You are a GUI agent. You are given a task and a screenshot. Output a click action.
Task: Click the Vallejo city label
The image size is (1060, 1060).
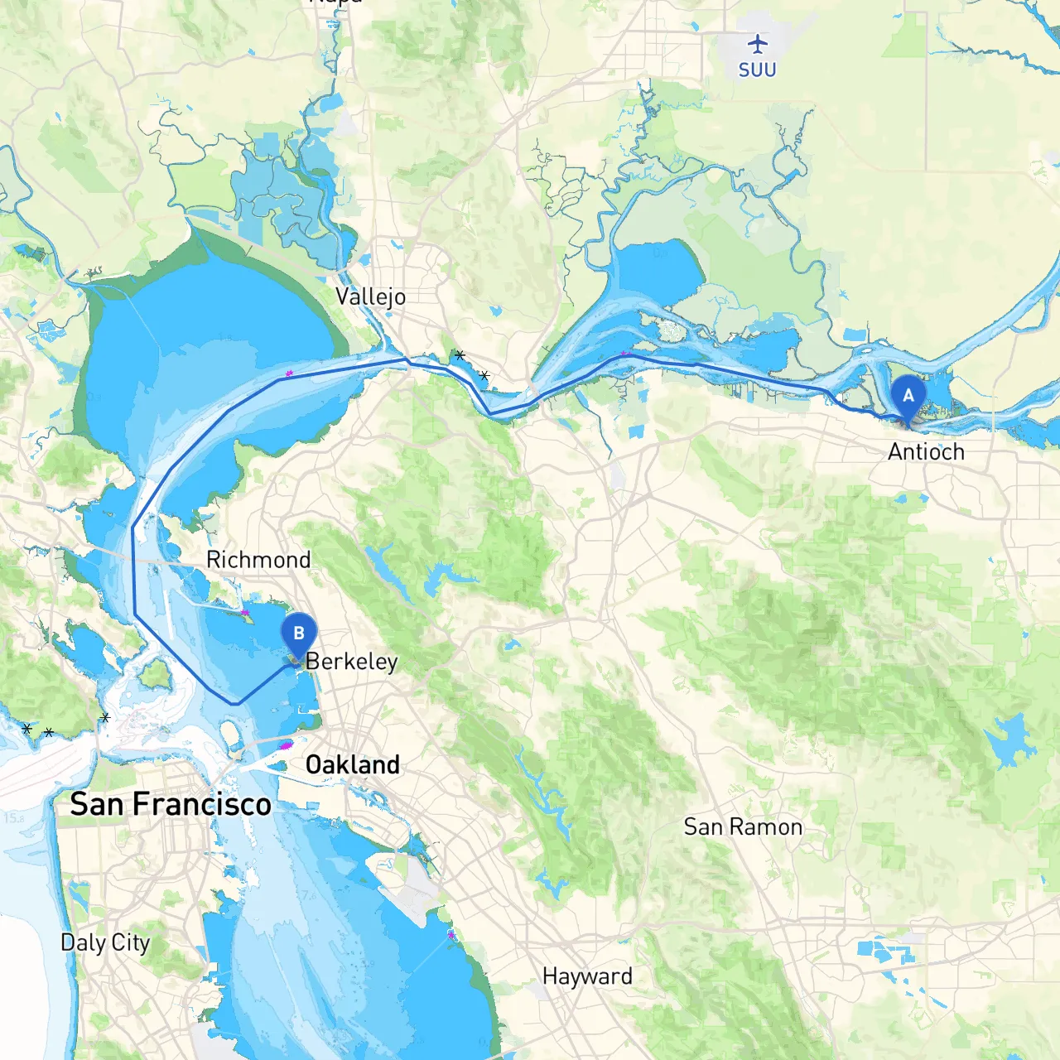click(370, 296)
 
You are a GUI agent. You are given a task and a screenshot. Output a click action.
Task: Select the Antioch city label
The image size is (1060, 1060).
click(926, 452)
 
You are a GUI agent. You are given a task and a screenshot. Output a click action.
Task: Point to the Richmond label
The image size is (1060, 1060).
click(258, 560)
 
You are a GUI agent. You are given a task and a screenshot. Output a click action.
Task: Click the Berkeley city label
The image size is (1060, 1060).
click(351, 662)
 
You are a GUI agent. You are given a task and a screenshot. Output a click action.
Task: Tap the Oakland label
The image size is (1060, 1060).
click(353, 764)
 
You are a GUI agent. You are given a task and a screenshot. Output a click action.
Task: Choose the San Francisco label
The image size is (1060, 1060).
click(171, 804)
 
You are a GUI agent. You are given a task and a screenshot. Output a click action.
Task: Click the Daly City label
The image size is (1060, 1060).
click(105, 942)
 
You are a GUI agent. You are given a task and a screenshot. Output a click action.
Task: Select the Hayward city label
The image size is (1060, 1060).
click(587, 976)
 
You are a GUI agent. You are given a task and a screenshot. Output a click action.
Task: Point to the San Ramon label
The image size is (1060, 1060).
click(743, 826)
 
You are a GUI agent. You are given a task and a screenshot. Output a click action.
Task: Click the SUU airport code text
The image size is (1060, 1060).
click(757, 70)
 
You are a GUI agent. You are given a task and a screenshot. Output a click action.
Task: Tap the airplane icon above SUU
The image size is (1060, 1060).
click(757, 43)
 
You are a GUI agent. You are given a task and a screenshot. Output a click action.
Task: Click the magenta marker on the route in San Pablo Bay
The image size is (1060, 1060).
click(289, 374)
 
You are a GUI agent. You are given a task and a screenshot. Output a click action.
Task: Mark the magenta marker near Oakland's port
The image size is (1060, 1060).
click(287, 745)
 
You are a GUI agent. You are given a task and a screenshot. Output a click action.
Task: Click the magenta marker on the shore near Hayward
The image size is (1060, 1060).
click(451, 935)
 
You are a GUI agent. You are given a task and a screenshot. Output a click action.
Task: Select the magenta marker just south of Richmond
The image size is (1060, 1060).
click(245, 613)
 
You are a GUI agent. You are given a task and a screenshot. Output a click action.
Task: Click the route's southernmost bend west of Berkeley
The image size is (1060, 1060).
click(236, 704)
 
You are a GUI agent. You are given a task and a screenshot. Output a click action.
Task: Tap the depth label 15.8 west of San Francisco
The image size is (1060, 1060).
click(13, 818)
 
